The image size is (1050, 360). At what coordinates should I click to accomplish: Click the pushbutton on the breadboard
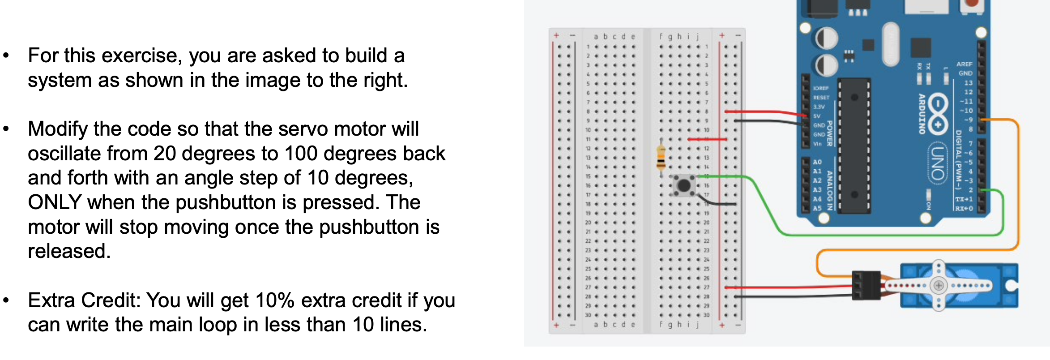(684, 185)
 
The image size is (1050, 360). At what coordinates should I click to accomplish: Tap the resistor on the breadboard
(661, 156)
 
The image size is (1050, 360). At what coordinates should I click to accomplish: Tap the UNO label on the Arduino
(938, 163)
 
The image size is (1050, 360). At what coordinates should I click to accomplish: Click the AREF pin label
(965, 64)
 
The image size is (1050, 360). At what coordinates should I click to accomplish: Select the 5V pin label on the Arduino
(817, 116)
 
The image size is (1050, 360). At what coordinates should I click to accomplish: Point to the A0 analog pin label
(817, 162)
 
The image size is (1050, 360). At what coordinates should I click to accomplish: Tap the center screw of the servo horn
(939, 285)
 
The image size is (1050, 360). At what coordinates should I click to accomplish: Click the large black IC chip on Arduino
(854, 146)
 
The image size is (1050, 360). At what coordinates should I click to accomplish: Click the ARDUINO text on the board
(922, 114)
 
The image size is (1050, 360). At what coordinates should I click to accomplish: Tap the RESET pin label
(821, 98)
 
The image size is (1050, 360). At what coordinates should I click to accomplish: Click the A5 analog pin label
(817, 208)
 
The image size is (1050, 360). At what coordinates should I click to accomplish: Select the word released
(69, 251)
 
